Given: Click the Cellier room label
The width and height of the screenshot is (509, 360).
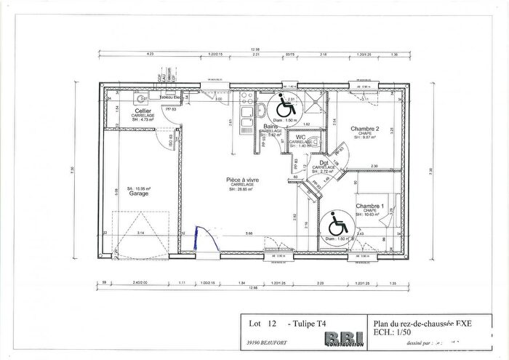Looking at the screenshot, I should (142, 111).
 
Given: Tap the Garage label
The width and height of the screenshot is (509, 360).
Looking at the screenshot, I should (139, 194).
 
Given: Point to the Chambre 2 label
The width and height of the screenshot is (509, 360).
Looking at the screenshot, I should (365, 129).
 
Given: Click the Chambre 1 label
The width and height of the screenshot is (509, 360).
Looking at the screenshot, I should (369, 207).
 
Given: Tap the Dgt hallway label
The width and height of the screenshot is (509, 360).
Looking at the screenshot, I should (324, 162).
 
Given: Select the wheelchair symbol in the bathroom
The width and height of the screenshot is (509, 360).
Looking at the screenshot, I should (282, 105).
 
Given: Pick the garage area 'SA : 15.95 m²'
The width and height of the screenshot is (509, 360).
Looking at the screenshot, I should (140, 188).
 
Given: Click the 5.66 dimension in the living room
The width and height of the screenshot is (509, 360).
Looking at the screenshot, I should (249, 233).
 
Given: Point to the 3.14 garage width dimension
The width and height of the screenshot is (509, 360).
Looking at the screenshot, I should (141, 233).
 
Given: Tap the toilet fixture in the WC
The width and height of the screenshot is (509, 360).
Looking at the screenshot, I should (316, 142).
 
